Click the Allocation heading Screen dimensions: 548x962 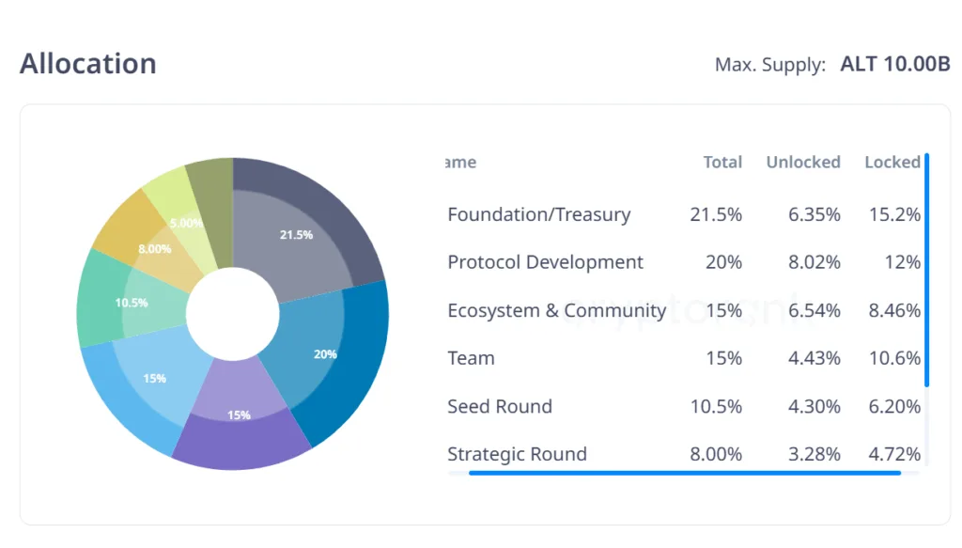coord(88,64)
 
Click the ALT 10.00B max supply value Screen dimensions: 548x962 coord(895,64)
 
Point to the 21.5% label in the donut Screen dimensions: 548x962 coord(296,235)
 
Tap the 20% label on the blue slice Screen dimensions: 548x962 coord(325,354)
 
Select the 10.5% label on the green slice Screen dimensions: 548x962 coord(132,303)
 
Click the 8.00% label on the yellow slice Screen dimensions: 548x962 coord(155,249)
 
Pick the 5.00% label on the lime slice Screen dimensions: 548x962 coord(185,224)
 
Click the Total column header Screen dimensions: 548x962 coord(722,162)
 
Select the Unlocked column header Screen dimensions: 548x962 coord(803,162)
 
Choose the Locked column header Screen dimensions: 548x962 coord(892,162)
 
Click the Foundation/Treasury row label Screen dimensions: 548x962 coord(538,214)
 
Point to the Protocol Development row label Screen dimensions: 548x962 coord(545,262)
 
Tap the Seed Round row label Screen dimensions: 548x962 coord(500,406)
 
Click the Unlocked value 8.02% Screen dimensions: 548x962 coord(815,262)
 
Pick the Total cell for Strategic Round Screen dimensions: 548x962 coord(716,454)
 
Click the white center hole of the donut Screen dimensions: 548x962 coord(233,314)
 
